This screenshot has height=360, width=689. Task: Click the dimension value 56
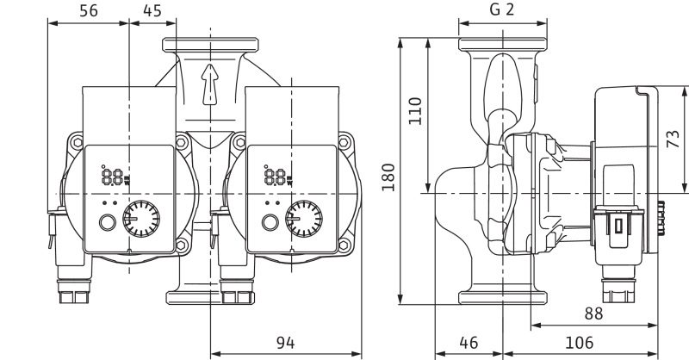[x=89, y=10]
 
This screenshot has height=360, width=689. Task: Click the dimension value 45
[x=152, y=10]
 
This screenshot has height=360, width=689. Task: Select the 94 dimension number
[x=286, y=343]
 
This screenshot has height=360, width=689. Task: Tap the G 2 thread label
[x=501, y=9]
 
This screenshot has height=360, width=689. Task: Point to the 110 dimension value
[x=415, y=111]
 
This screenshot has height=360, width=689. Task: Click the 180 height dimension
[x=388, y=177]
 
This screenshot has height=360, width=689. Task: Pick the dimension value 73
[x=673, y=139]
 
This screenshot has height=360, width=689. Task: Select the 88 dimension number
[x=593, y=313]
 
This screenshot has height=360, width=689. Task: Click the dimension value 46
[x=469, y=343]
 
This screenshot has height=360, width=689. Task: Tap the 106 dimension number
[x=579, y=343]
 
